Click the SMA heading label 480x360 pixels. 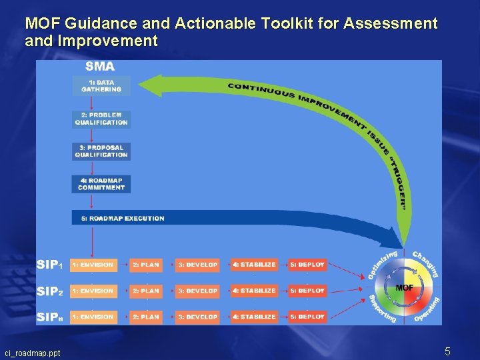point(100,67)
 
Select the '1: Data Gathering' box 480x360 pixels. point(101,86)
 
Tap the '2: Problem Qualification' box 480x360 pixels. point(101,119)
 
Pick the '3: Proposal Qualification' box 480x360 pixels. point(101,151)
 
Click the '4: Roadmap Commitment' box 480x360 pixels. point(101,184)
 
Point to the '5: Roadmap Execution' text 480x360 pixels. point(123,218)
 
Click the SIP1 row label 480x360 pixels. point(50,265)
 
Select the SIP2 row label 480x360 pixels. point(50,291)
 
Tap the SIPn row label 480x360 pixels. point(50,317)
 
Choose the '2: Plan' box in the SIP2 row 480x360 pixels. point(145,291)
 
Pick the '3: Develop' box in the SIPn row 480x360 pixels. point(197,317)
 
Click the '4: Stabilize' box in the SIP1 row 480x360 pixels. point(254,265)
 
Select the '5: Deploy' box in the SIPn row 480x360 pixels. point(307,317)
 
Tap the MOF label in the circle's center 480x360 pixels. point(405,287)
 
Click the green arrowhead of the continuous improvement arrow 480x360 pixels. point(155,86)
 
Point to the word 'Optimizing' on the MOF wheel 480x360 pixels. point(382,265)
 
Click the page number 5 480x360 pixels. point(448,351)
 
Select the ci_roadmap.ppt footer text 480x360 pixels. point(32,353)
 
